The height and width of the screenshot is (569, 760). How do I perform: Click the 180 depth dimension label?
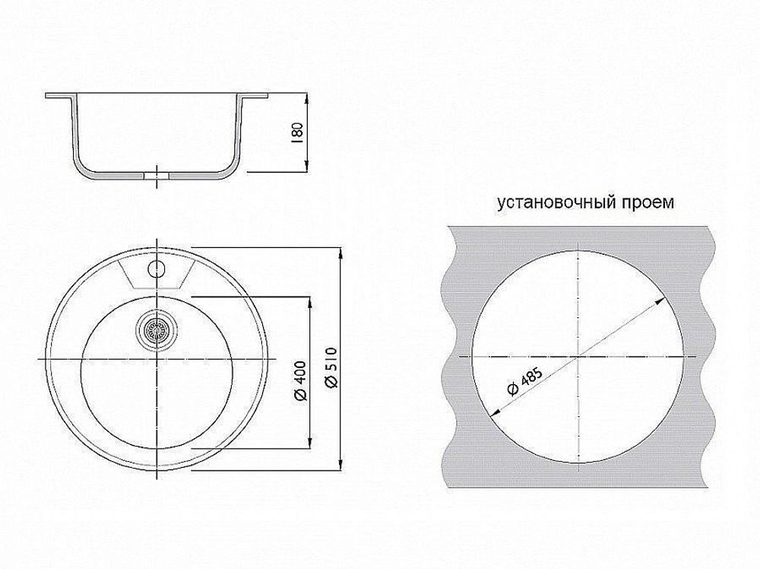[297, 133]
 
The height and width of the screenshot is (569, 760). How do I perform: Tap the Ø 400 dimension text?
[299, 380]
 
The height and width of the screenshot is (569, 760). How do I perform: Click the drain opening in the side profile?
[157, 175]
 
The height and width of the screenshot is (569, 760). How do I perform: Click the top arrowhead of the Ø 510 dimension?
[339, 250]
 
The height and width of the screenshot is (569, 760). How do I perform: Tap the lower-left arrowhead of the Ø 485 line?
[492, 415]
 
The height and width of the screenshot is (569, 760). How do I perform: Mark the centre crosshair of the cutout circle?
[579, 356]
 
